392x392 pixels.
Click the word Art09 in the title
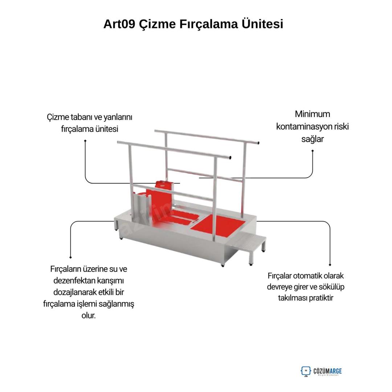click(x=119, y=24)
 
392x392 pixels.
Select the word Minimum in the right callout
click(x=312, y=114)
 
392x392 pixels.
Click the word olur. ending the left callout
click(x=89, y=315)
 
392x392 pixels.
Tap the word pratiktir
click(x=321, y=298)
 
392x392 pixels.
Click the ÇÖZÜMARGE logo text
click(x=327, y=371)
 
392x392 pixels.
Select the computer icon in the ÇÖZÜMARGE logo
click(x=306, y=371)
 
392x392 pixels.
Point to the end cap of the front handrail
click(x=230, y=158)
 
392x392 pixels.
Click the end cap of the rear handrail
click(x=258, y=143)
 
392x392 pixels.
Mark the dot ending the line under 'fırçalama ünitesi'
click(x=85, y=141)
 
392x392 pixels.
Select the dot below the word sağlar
click(x=313, y=151)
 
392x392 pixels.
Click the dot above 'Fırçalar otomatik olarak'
click(x=330, y=265)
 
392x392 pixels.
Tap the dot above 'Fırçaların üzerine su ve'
click(x=70, y=257)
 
